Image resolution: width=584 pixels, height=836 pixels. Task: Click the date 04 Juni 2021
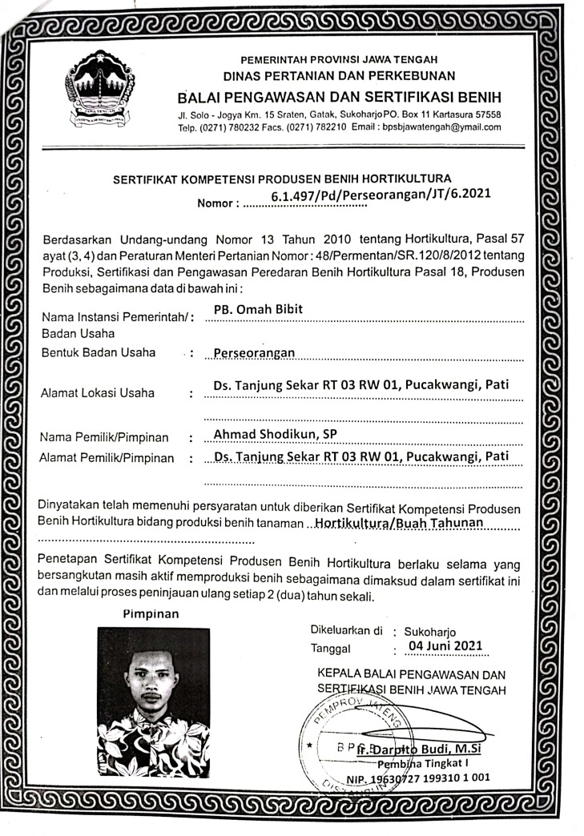(x=445, y=645)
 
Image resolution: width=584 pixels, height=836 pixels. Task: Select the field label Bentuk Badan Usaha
(x=98, y=352)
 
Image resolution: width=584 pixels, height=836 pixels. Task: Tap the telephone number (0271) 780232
(x=229, y=127)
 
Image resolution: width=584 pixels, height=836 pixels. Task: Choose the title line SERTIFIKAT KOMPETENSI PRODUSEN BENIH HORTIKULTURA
(x=283, y=177)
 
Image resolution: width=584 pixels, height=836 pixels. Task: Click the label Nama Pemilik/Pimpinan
(x=105, y=437)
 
